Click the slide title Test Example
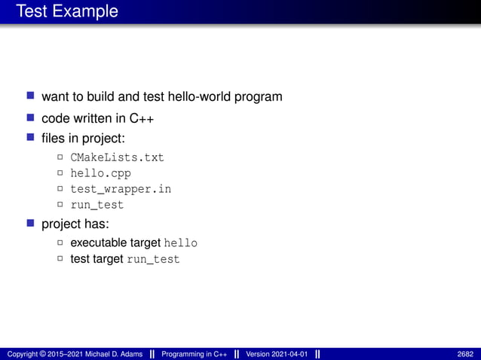67,11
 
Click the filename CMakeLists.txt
117,157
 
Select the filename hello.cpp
100,173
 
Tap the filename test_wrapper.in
121,189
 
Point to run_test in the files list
97,205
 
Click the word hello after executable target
181,243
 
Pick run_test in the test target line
153,259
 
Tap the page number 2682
465,354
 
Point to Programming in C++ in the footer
193,354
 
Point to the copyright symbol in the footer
44,354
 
